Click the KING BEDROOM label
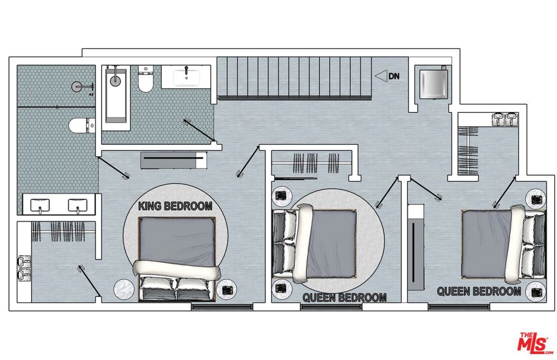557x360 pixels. tap(175, 206)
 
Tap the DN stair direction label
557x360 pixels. tap(394, 76)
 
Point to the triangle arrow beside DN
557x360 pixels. tap(381, 76)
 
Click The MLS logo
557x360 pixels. tap(535, 343)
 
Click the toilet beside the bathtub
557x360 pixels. tap(146, 79)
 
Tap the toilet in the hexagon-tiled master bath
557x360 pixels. tap(82, 126)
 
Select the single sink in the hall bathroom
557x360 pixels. tap(186, 77)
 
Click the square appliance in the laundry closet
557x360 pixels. tap(434, 83)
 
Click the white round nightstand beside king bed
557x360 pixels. tap(124, 289)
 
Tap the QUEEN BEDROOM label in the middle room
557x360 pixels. tap(344, 297)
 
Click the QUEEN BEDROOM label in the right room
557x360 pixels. tap(479, 291)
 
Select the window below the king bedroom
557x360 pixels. tap(222, 306)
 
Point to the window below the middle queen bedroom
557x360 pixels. tap(331, 306)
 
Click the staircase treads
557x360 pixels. tap(294, 77)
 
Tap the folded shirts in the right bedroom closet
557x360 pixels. tap(505, 119)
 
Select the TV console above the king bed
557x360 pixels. tap(173, 160)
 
